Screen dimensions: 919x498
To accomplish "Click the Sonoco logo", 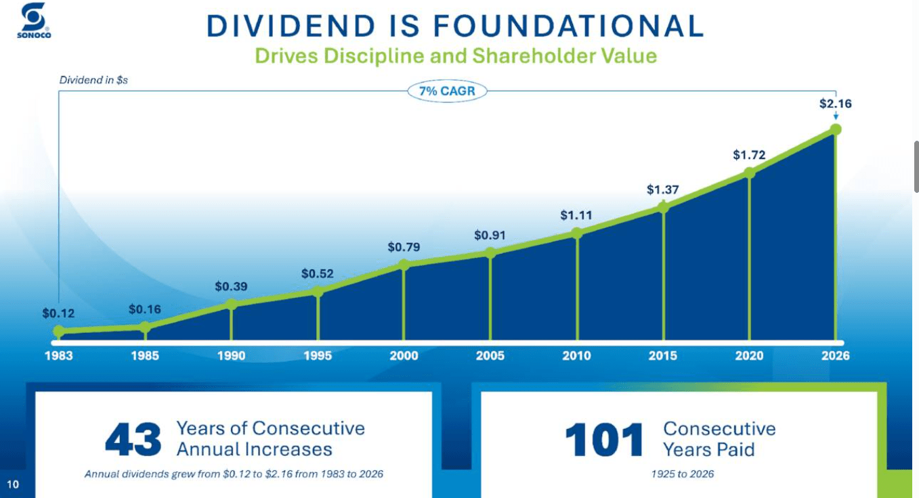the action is (x=34, y=20).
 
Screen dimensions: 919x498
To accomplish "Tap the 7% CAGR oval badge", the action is (x=447, y=91).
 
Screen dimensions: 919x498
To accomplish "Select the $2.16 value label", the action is (x=835, y=104).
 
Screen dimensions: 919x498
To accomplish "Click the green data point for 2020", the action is (x=750, y=173).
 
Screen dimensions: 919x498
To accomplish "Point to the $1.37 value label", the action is (x=662, y=189).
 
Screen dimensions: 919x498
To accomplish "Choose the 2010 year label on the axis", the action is (x=576, y=355).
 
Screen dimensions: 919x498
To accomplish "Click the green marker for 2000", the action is (x=404, y=265).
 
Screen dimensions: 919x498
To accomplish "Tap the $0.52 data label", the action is (x=317, y=273).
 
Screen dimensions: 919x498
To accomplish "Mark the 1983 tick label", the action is (x=59, y=355).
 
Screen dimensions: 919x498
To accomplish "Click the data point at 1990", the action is (x=232, y=304).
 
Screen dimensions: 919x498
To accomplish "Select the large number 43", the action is (x=133, y=440).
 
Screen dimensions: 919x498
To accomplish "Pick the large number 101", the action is (x=604, y=440).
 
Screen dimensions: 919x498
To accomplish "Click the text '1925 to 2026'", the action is (x=682, y=474).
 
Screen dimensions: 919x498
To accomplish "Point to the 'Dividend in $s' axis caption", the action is (x=93, y=80).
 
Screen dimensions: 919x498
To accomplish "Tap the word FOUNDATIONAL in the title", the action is (x=569, y=26).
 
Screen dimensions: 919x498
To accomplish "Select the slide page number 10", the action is (x=13, y=484).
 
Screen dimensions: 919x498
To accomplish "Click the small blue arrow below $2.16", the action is (x=836, y=116).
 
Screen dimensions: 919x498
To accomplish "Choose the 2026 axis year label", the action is (x=835, y=355).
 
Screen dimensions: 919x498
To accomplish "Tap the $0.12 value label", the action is (x=58, y=313).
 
